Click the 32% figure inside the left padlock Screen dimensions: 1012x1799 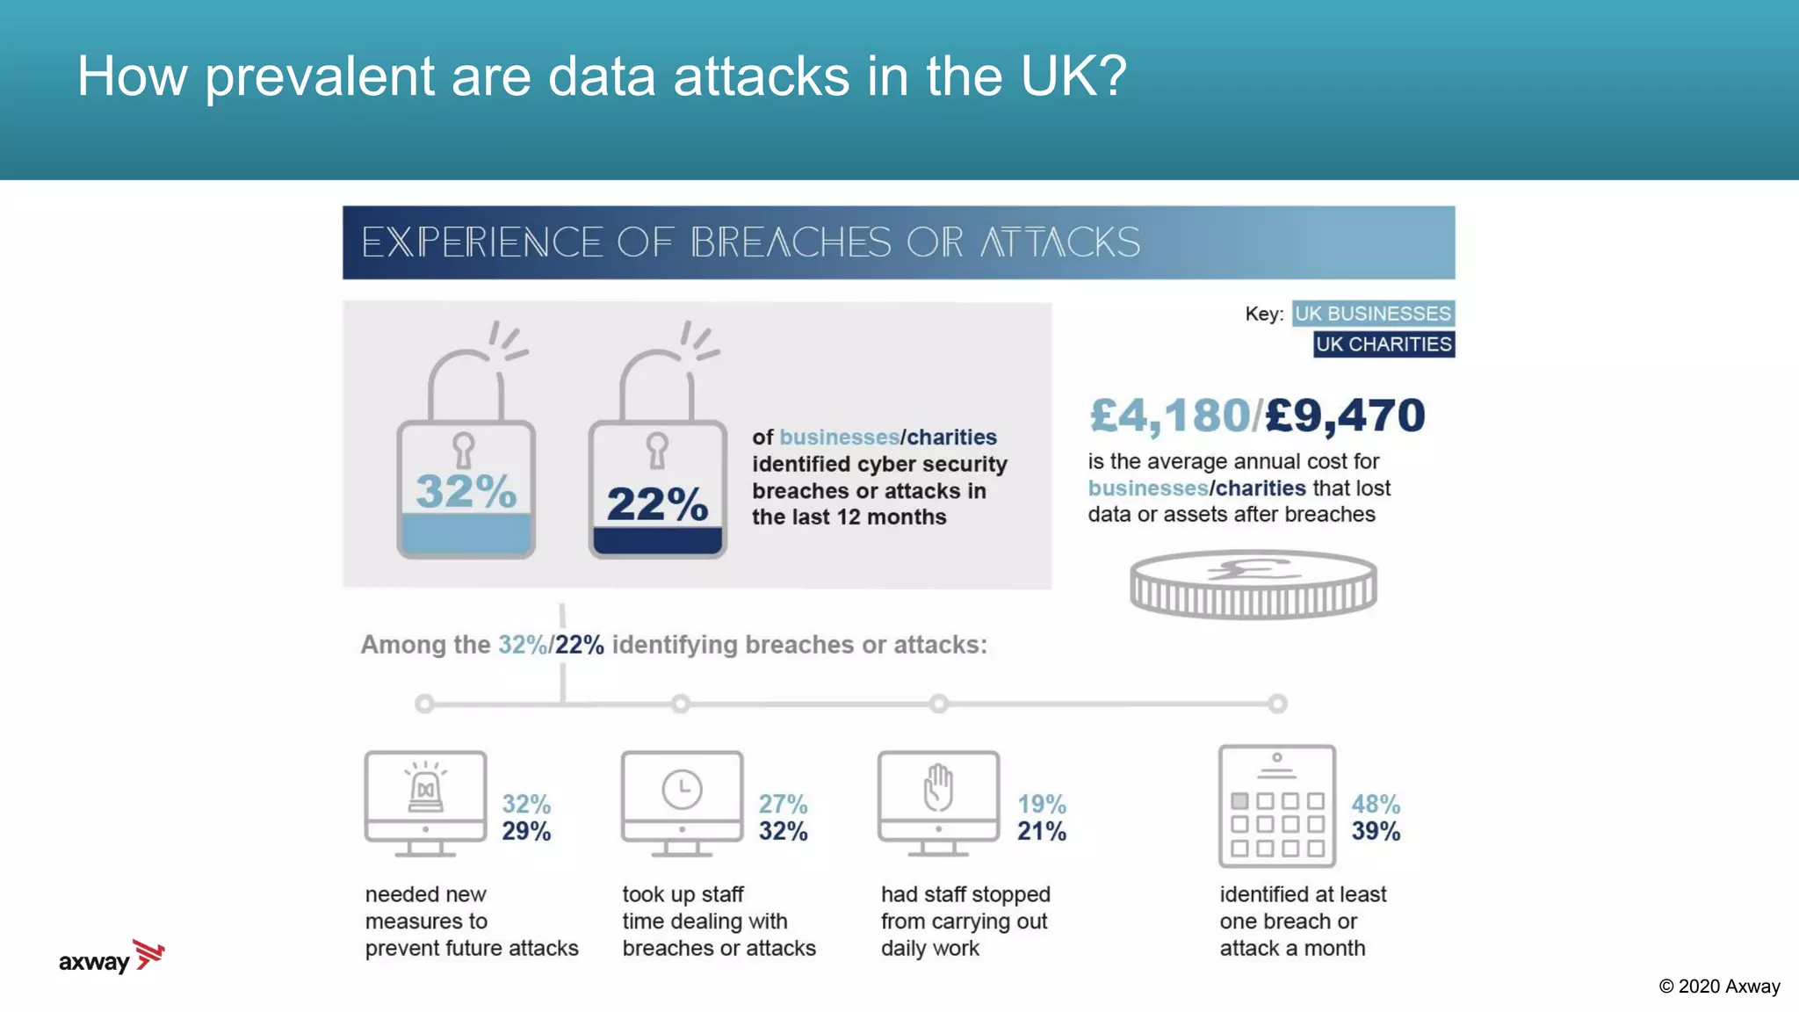pos(466,490)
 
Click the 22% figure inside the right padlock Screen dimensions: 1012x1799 pos(657,504)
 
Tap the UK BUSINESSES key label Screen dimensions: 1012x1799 pos(1373,314)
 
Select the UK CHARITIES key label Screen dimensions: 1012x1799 pos(1384,344)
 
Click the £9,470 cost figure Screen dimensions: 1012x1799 pos(1346,416)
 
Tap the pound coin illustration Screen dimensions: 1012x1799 pos(1254,584)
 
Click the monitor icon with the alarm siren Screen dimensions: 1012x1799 pos(426,802)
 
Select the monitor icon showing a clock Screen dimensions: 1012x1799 pos(682,802)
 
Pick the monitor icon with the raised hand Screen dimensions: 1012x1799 pos(938,802)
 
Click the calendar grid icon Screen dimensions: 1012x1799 pos(1277,806)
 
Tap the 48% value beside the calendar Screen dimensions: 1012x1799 pos(1376,804)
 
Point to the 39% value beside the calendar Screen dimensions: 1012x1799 pos(1376,831)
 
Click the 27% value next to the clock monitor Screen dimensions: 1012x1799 pos(783,804)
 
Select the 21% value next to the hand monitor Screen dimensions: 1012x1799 pos(1042,831)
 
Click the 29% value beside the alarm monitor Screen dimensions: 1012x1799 pos(526,831)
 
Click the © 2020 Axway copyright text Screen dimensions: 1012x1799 pos(1719,987)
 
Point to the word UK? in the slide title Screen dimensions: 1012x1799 pos(1073,76)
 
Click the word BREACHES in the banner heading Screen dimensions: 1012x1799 pos(791,242)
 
